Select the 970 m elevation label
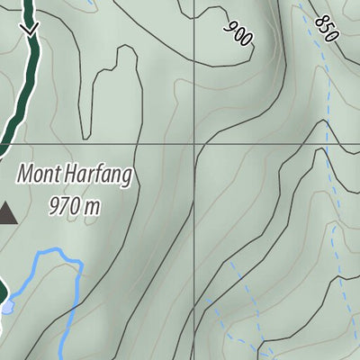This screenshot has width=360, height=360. (x=73, y=206)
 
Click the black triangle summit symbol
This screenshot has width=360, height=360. (x=7, y=213)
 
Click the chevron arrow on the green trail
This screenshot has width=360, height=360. (x=31, y=30)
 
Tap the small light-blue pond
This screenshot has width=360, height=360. (x=7, y=307)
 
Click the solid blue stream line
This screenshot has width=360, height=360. (x=56, y=255)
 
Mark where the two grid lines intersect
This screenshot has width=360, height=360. (x=195, y=143)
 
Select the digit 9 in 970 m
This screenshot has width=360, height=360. (x=55, y=206)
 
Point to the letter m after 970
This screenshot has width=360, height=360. (x=90, y=207)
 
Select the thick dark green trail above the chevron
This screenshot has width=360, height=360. (x=29, y=9)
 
